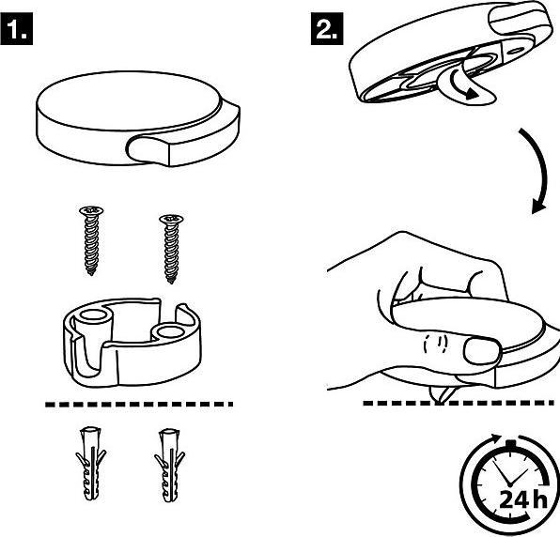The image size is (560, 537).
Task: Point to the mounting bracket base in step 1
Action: [x=135, y=352]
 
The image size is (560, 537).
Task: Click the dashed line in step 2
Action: [x=460, y=404]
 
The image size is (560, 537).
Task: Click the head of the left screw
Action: [x=88, y=211]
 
